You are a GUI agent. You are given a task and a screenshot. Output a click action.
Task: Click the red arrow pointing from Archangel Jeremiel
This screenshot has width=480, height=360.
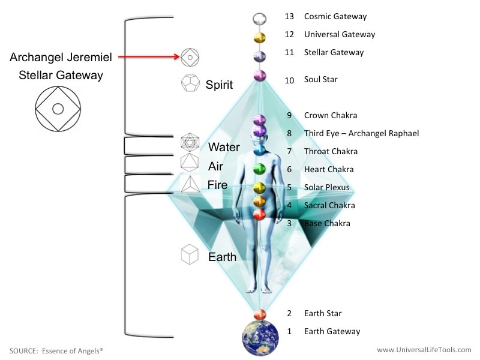coord(149,56)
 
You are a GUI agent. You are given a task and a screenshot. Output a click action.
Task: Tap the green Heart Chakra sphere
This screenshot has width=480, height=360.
coord(259,169)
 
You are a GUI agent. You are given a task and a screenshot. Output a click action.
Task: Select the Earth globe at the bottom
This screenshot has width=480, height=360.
coord(260,338)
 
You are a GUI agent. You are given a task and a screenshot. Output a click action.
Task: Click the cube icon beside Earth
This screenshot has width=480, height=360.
coord(190,254)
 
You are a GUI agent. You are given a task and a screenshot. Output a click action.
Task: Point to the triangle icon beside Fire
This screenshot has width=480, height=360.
coord(190,184)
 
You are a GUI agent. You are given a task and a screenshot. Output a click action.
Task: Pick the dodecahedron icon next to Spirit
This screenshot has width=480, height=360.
coord(190,83)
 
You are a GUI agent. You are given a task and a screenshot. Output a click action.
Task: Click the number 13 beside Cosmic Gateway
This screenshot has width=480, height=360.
coord(289,16)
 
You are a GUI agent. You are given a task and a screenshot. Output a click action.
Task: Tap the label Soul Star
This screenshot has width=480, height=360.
coord(320,80)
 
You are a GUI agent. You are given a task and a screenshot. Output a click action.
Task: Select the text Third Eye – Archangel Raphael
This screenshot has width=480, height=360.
coord(361,133)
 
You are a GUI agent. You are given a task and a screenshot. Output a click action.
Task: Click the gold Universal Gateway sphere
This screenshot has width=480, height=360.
coord(260,38)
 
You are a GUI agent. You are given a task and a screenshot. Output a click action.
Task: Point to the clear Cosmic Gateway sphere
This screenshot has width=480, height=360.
coord(260,19)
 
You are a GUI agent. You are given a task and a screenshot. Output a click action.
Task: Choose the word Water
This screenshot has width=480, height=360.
coord(224,147)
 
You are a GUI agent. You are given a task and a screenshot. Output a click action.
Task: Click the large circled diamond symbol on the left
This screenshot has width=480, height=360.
coord(58,109)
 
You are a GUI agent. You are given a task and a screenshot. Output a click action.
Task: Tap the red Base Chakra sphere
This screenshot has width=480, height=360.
coord(259,214)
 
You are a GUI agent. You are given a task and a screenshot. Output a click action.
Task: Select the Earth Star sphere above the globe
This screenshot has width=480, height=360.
coord(260,314)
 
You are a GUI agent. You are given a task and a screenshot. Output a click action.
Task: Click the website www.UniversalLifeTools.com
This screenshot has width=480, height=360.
coord(424,350)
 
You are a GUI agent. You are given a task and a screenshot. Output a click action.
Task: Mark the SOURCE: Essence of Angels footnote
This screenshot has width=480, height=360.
coord(56,351)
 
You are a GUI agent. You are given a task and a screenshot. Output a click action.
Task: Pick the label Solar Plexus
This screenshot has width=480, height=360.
coord(326,187)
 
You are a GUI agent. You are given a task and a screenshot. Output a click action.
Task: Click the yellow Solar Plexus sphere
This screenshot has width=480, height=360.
coord(259,188)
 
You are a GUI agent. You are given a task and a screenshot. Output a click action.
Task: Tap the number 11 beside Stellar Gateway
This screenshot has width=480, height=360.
coord(289,52)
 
